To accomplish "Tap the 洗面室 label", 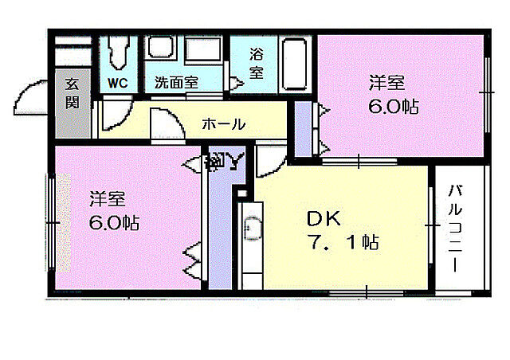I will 176,81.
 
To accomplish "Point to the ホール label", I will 223,124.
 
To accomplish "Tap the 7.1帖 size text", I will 339,241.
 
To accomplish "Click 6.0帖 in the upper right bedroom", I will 393,106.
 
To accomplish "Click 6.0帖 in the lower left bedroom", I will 113,222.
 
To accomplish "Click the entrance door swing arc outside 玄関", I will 30,99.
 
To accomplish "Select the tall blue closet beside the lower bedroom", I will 218,231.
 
